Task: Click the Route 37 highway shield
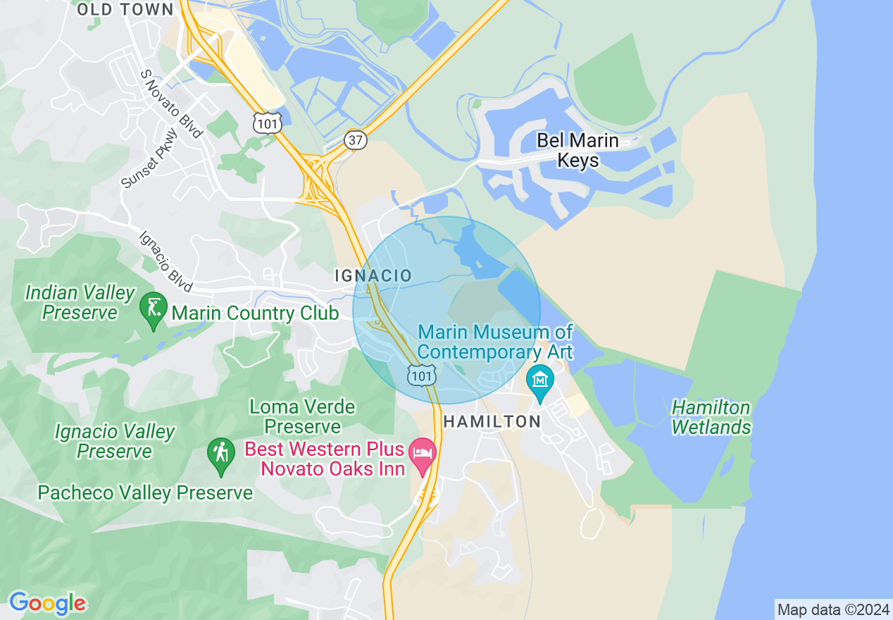[x=356, y=140]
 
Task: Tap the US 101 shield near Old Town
[x=268, y=123]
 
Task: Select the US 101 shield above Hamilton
[x=421, y=375]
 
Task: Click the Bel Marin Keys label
[x=577, y=150]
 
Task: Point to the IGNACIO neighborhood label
[x=373, y=275]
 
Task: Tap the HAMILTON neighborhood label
[x=492, y=421]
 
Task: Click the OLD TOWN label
[x=125, y=9]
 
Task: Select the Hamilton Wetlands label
[x=711, y=417]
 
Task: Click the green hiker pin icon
[x=221, y=454]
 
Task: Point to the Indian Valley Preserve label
[x=80, y=302]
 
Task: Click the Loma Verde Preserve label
[x=302, y=416]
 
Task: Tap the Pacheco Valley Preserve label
[x=145, y=492]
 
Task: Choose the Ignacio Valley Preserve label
[x=114, y=441]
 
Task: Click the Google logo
[x=47, y=603]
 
